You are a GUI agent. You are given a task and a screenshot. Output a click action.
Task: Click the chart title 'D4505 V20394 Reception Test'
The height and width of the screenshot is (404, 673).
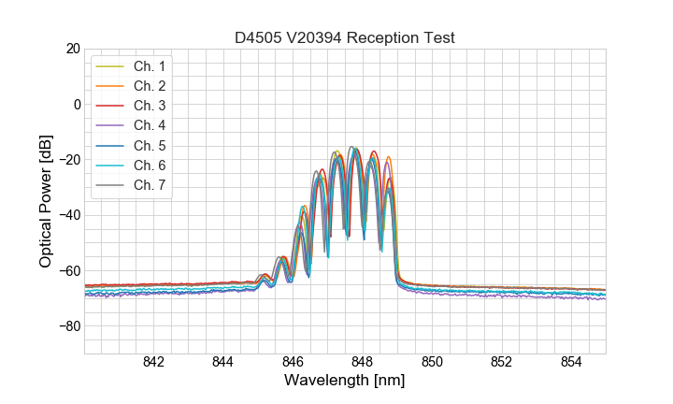[x=345, y=37]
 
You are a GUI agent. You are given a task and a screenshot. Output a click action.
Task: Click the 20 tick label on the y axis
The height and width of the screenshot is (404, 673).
[x=73, y=49]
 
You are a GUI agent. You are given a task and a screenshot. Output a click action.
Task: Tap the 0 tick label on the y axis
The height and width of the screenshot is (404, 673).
[x=77, y=104]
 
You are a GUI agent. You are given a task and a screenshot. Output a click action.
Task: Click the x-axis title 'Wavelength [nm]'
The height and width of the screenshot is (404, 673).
[x=345, y=382]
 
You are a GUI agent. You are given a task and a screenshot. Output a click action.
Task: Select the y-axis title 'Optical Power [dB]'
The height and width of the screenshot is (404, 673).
[x=46, y=201]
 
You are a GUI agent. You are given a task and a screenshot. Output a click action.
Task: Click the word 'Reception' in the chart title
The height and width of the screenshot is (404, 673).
[x=390, y=37]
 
